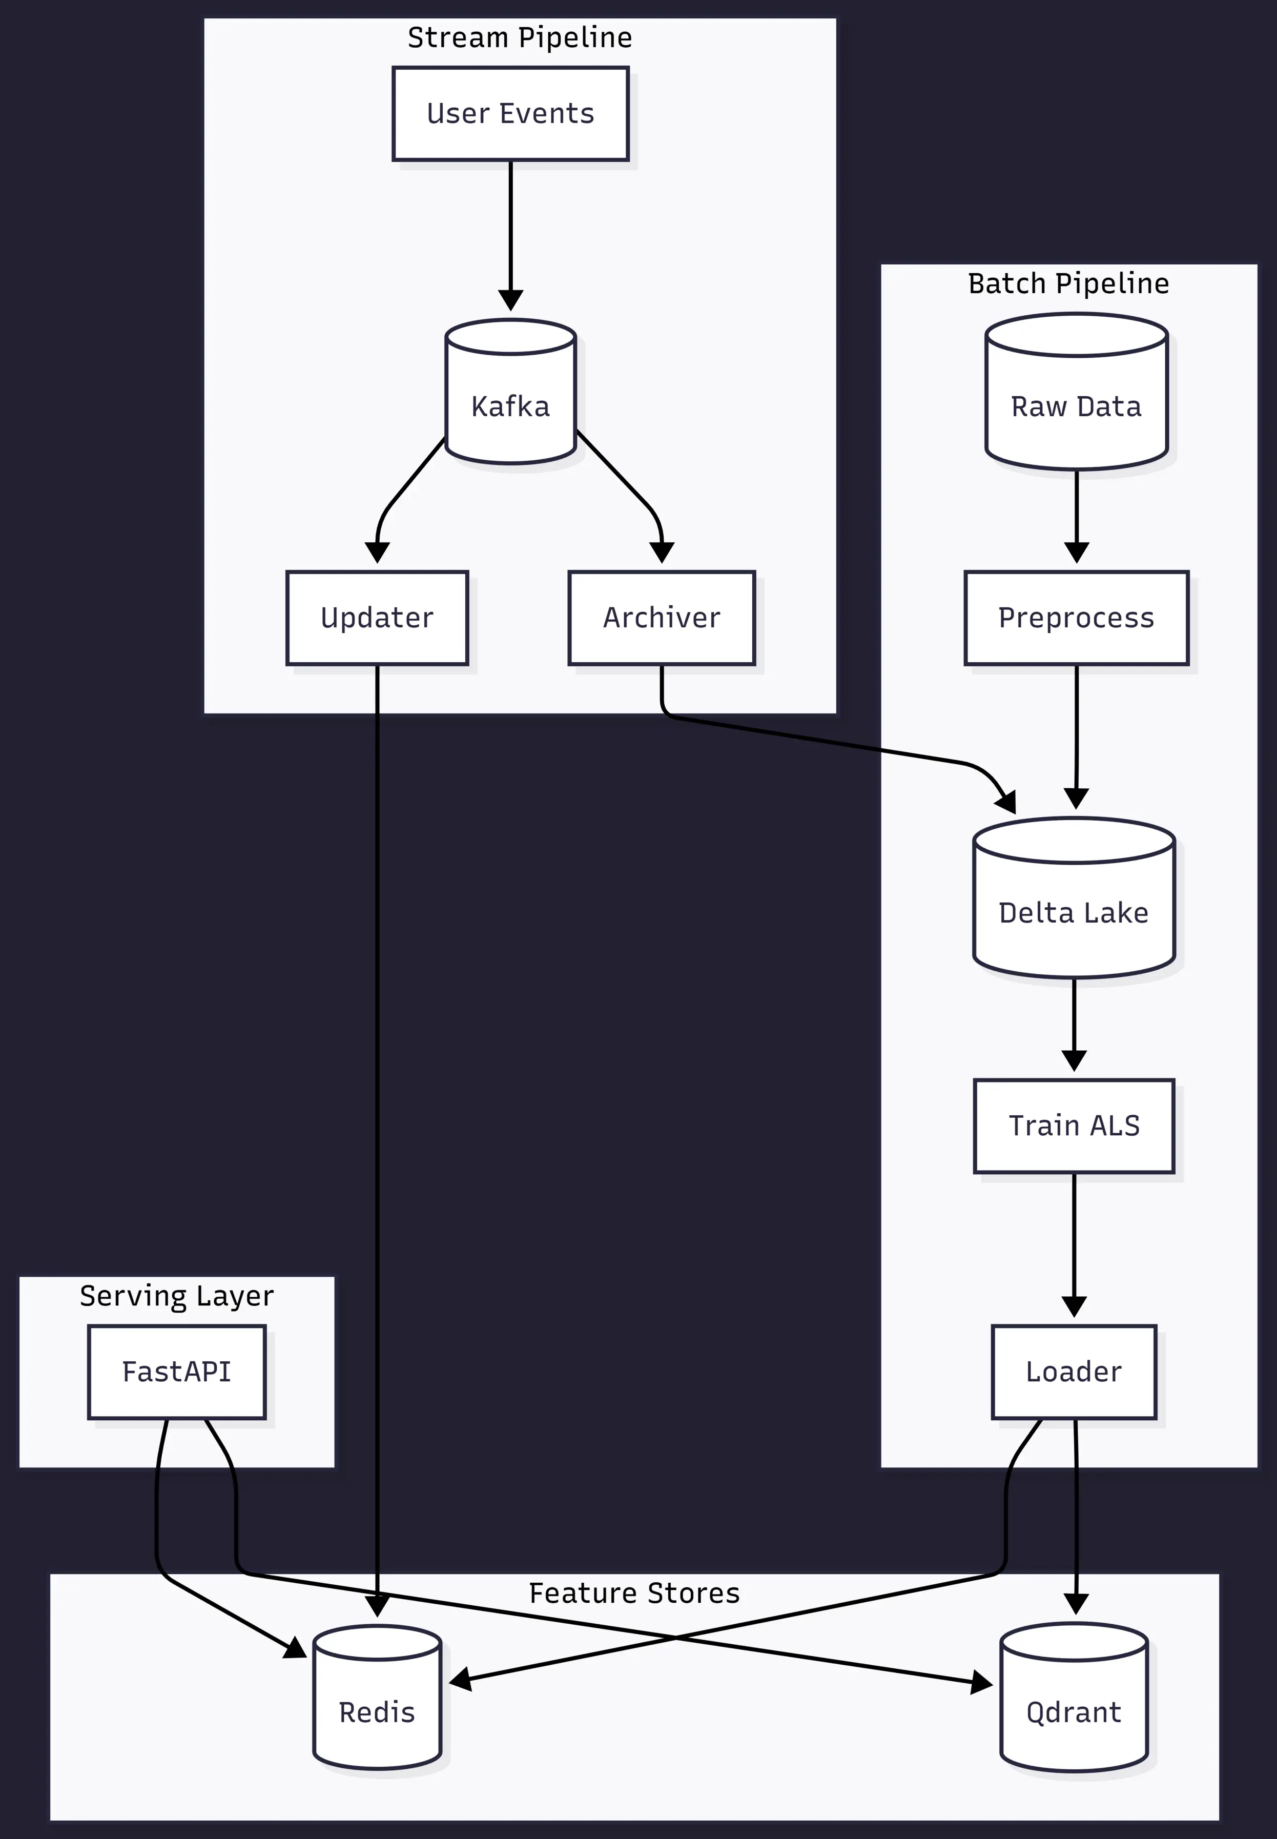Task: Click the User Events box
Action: coord(510,114)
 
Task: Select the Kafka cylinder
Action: coord(510,392)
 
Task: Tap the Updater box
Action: coord(377,618)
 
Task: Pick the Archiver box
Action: coord(662,618)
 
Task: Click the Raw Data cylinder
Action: coord(1076,392)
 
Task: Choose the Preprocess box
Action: coord(1076,618)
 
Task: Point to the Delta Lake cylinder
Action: coord(1074,898)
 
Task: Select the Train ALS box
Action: coord(1074,1126)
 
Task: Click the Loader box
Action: coord(1074,1372)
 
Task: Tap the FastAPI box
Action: coord(177,1372)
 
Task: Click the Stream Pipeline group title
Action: coord(520,37)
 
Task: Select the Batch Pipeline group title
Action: coord(1068,283)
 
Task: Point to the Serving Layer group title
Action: coord(177,1296)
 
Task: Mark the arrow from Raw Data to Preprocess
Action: coord(1076,512)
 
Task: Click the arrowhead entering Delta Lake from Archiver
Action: coord(1008,802)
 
